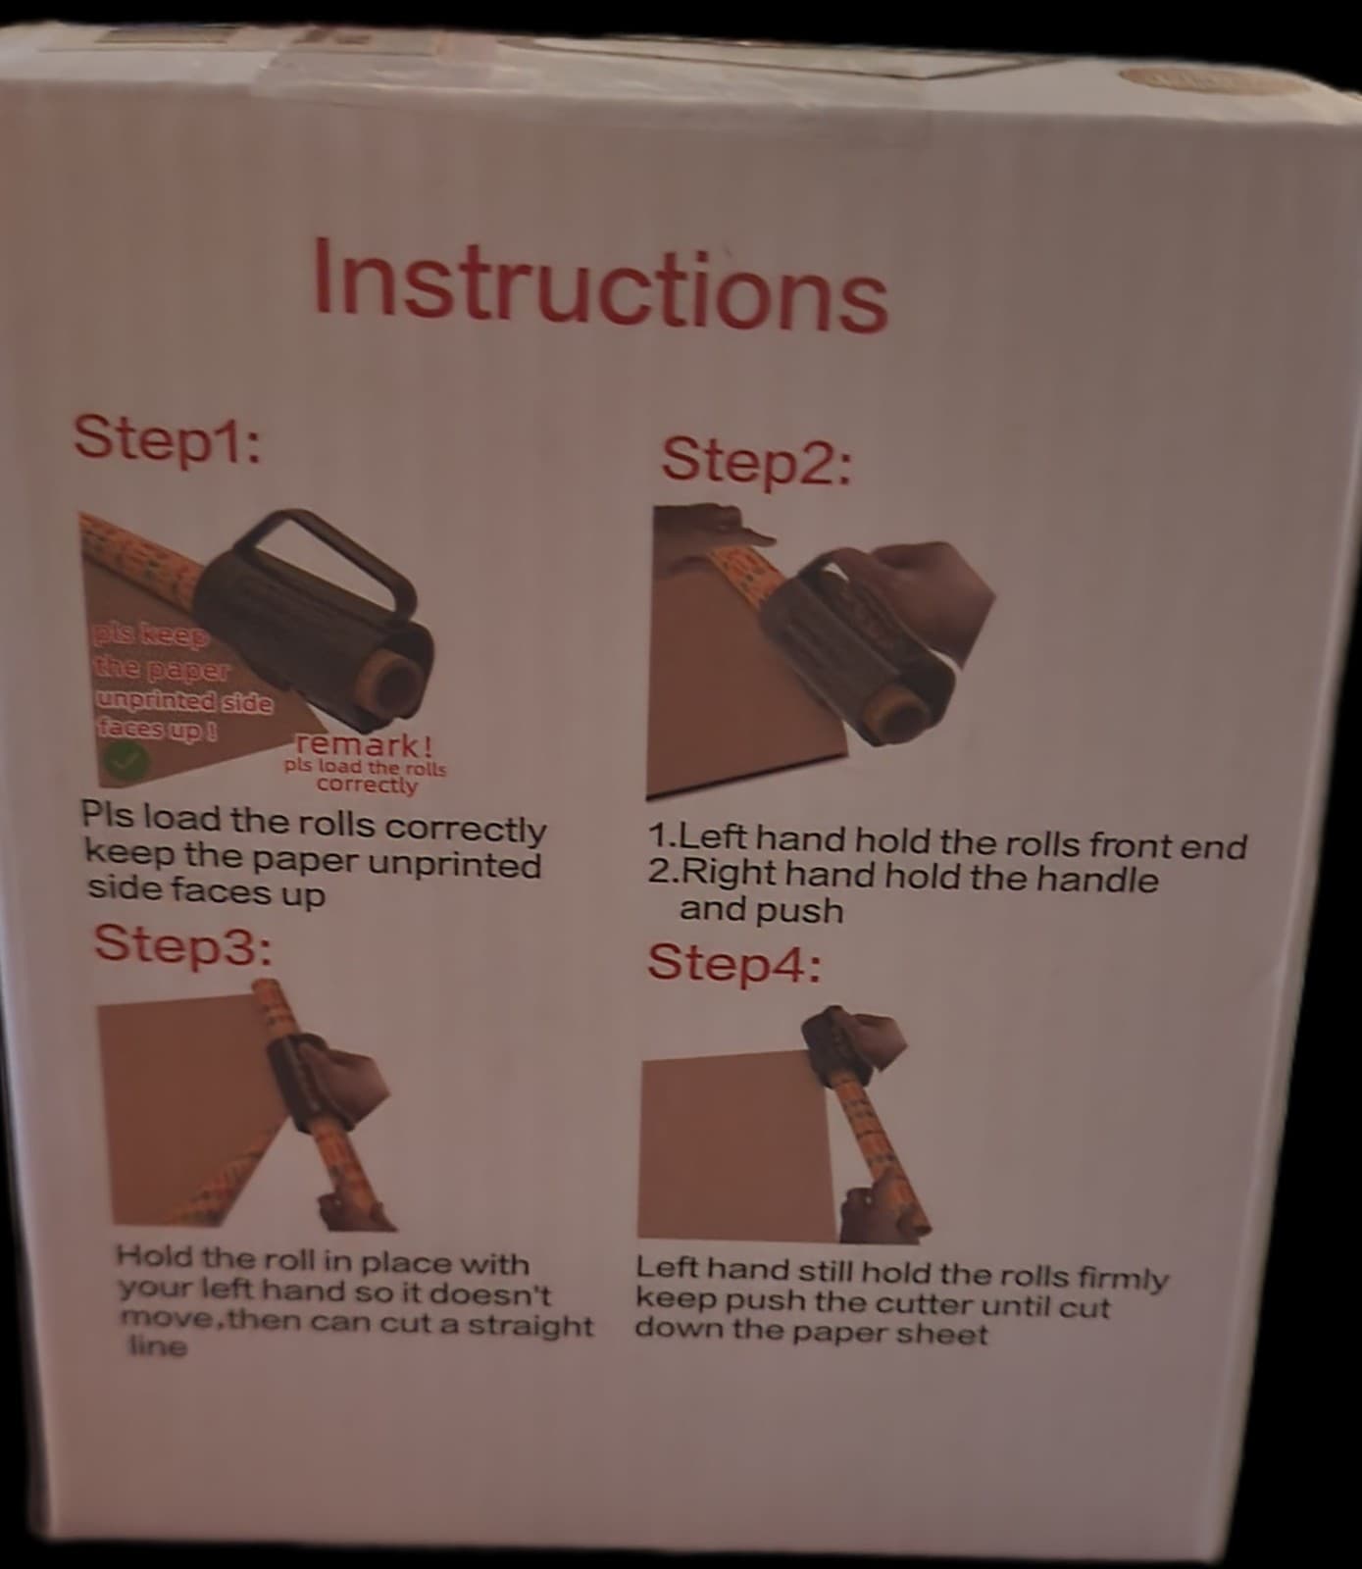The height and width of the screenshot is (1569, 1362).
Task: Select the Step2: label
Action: pyautogui.click(x=756, y=460)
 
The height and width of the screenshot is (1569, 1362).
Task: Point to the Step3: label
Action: pyautogui.click(x=182, y=945)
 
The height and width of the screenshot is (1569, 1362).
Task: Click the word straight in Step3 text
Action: pyautogui.click(x=530, y=1326)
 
